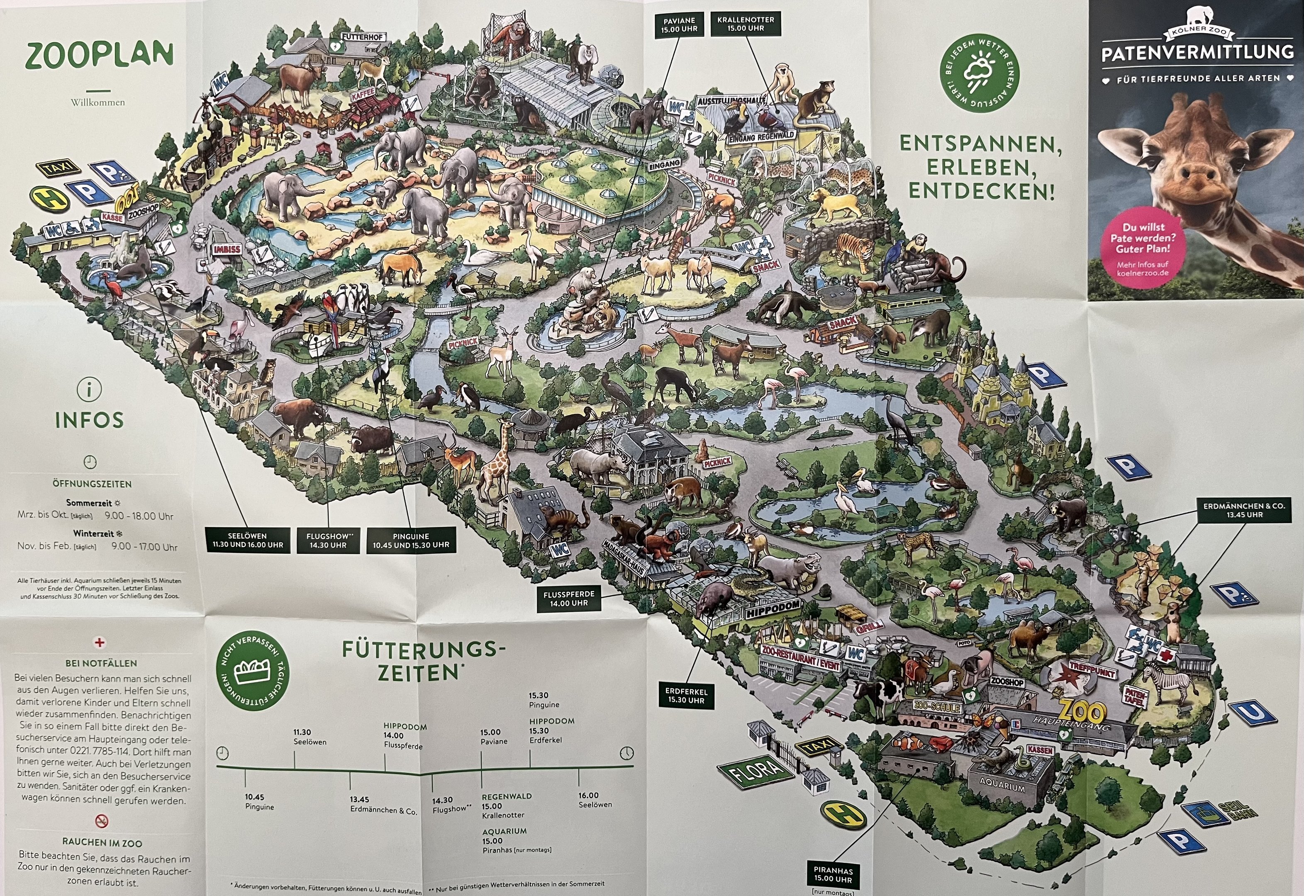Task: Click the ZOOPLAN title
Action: [99, 56]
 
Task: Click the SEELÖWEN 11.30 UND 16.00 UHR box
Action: [248, 540]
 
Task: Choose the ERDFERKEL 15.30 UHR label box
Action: [686, 696]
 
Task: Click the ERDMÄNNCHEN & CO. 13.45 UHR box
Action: [1243, 510]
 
